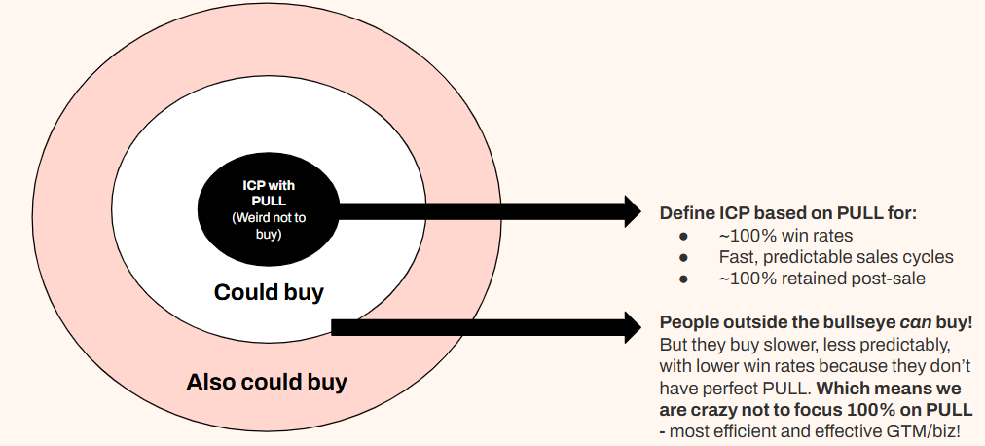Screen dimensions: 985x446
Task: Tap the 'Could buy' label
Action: pos(269,292)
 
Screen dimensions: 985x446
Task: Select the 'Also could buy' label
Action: pos(267,382)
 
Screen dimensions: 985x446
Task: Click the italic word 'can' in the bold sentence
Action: pos(894,322)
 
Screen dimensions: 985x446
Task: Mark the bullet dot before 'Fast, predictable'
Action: pos(684,257)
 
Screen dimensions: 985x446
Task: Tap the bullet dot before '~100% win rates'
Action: pos(684,236)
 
